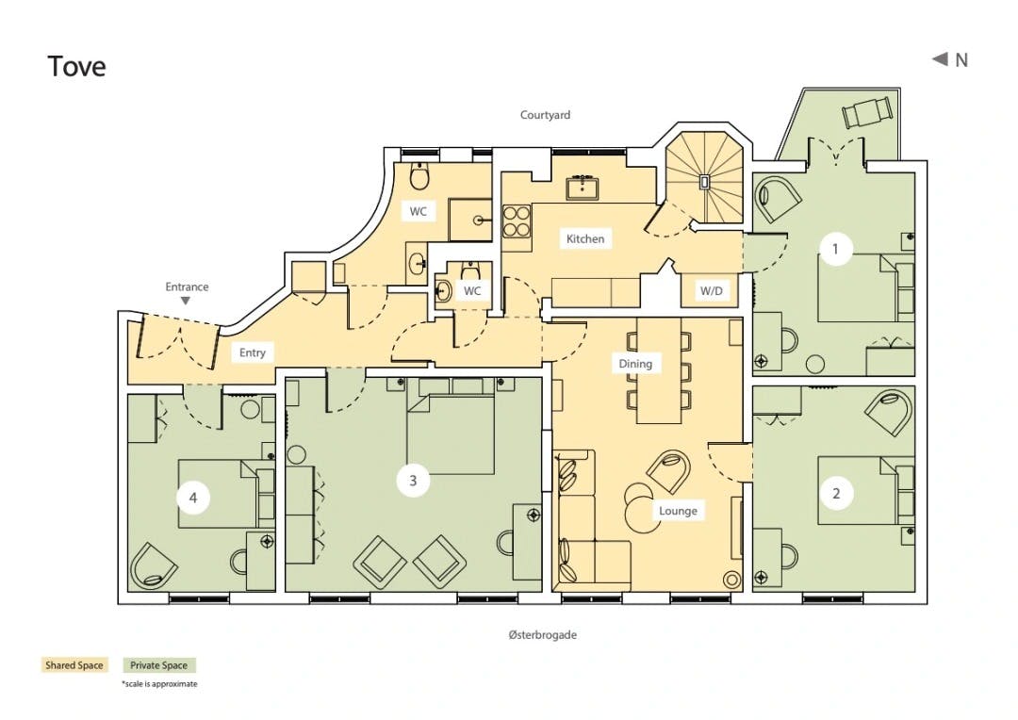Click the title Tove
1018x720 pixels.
pyautogui.click(x=76, y=66)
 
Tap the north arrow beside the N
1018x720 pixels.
pyautogui.click(x=940, y=59)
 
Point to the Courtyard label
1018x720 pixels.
pyautogui.click(x=546, y=115)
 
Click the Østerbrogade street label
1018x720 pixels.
pyautogui.click(x=543, y=634)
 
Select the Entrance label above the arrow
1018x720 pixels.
pyautogui.click(x=187, y=286)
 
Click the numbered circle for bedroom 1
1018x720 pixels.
pyautogui.click(x=835, y=249)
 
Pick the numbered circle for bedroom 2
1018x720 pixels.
pyautogui.click(x=836, y=494)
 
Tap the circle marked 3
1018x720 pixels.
pyautogui.click(x=413, y=481)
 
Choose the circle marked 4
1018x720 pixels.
pyautogui.click(x=193, y=498)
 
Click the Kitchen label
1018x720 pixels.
pyautogui.click(x=585, y=239)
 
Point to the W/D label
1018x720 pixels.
pyautogui.click(x=711, y=291)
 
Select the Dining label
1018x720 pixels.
pyautogui.click(x=635, y=364)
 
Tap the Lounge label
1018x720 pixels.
pyautogui.click(x=678, y=511)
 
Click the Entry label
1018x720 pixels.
pyautogui.click(x=253, y=352)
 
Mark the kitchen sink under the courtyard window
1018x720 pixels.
pyautogui.click(x=582, y=187)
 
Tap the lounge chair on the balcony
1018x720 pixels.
pyautogui.click(x=866, y=112)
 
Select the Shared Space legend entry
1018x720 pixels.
pyautogui.click(x=74, y=665)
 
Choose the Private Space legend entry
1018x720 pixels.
pyautogui.click(x=158, y=665)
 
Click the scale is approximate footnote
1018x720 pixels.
pyautogui.click(x=159, y=683)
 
